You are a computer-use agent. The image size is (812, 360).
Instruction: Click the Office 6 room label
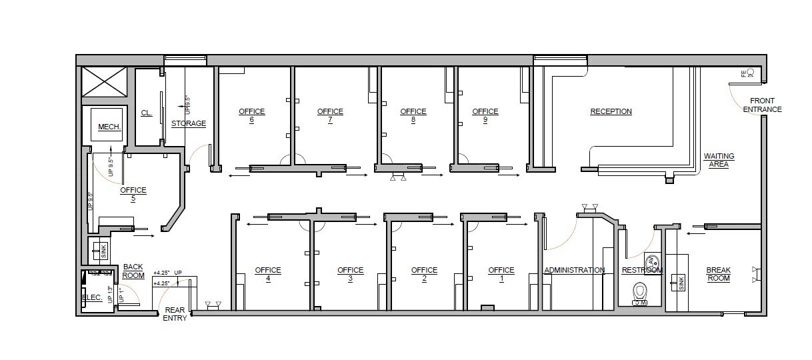point(252,115)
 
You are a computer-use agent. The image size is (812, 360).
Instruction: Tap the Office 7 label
point(330,115)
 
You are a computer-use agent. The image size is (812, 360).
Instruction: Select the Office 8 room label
point(413,115)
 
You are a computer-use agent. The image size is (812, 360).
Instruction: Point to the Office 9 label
point(485,115)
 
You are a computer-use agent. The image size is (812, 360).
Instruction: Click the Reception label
point(611,111)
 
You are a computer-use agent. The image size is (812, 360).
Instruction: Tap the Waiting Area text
point(719,160)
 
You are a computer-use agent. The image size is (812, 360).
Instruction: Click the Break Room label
point(719,274)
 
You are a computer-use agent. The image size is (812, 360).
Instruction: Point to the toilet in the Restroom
point(640,291)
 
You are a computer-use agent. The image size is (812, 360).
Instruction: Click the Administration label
point(575,270)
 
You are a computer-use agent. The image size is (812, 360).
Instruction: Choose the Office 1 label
point(501,274)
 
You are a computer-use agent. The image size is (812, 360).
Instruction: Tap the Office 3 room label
point(350,274)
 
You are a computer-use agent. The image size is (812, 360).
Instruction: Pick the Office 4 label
point(268,274)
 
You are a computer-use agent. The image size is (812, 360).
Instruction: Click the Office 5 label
point(133,194)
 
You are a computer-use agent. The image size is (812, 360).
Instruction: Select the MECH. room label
point(108,127)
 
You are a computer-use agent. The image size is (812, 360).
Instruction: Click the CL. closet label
point(147,113)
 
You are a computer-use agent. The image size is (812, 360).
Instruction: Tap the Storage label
point(189,123)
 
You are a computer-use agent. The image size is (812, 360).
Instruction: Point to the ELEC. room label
point(92,298)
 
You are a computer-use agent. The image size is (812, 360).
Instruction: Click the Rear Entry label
point(175,314)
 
